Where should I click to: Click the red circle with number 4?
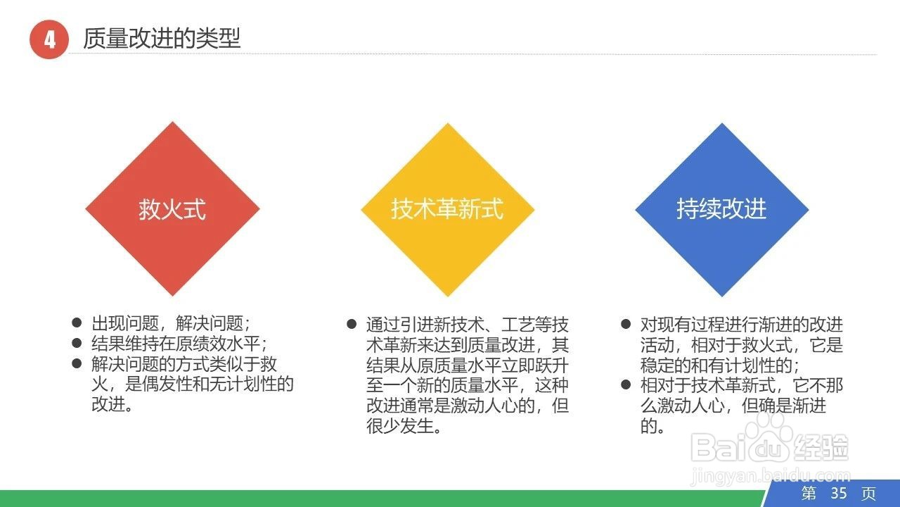click(49, 39)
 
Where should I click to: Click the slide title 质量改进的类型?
click(162, 38)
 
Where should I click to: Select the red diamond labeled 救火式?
click(172, 209)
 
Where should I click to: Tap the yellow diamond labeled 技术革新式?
click(447, 209)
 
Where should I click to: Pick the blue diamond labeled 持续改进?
click(721, 209)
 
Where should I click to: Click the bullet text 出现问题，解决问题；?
click(171, 323)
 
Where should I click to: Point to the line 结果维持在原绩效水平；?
click(180, 344)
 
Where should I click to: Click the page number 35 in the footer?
click(839, 493)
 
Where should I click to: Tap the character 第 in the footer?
click(809, 493)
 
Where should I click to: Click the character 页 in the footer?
click(869, 493)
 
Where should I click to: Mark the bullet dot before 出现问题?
click(77, 323)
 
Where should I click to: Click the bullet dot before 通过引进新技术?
click(352, 325)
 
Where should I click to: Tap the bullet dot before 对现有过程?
click(626, 325)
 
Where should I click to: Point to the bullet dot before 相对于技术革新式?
click(626, 385)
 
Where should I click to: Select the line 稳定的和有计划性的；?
click(720, 365)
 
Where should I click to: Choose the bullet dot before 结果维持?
click(77, 344)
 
